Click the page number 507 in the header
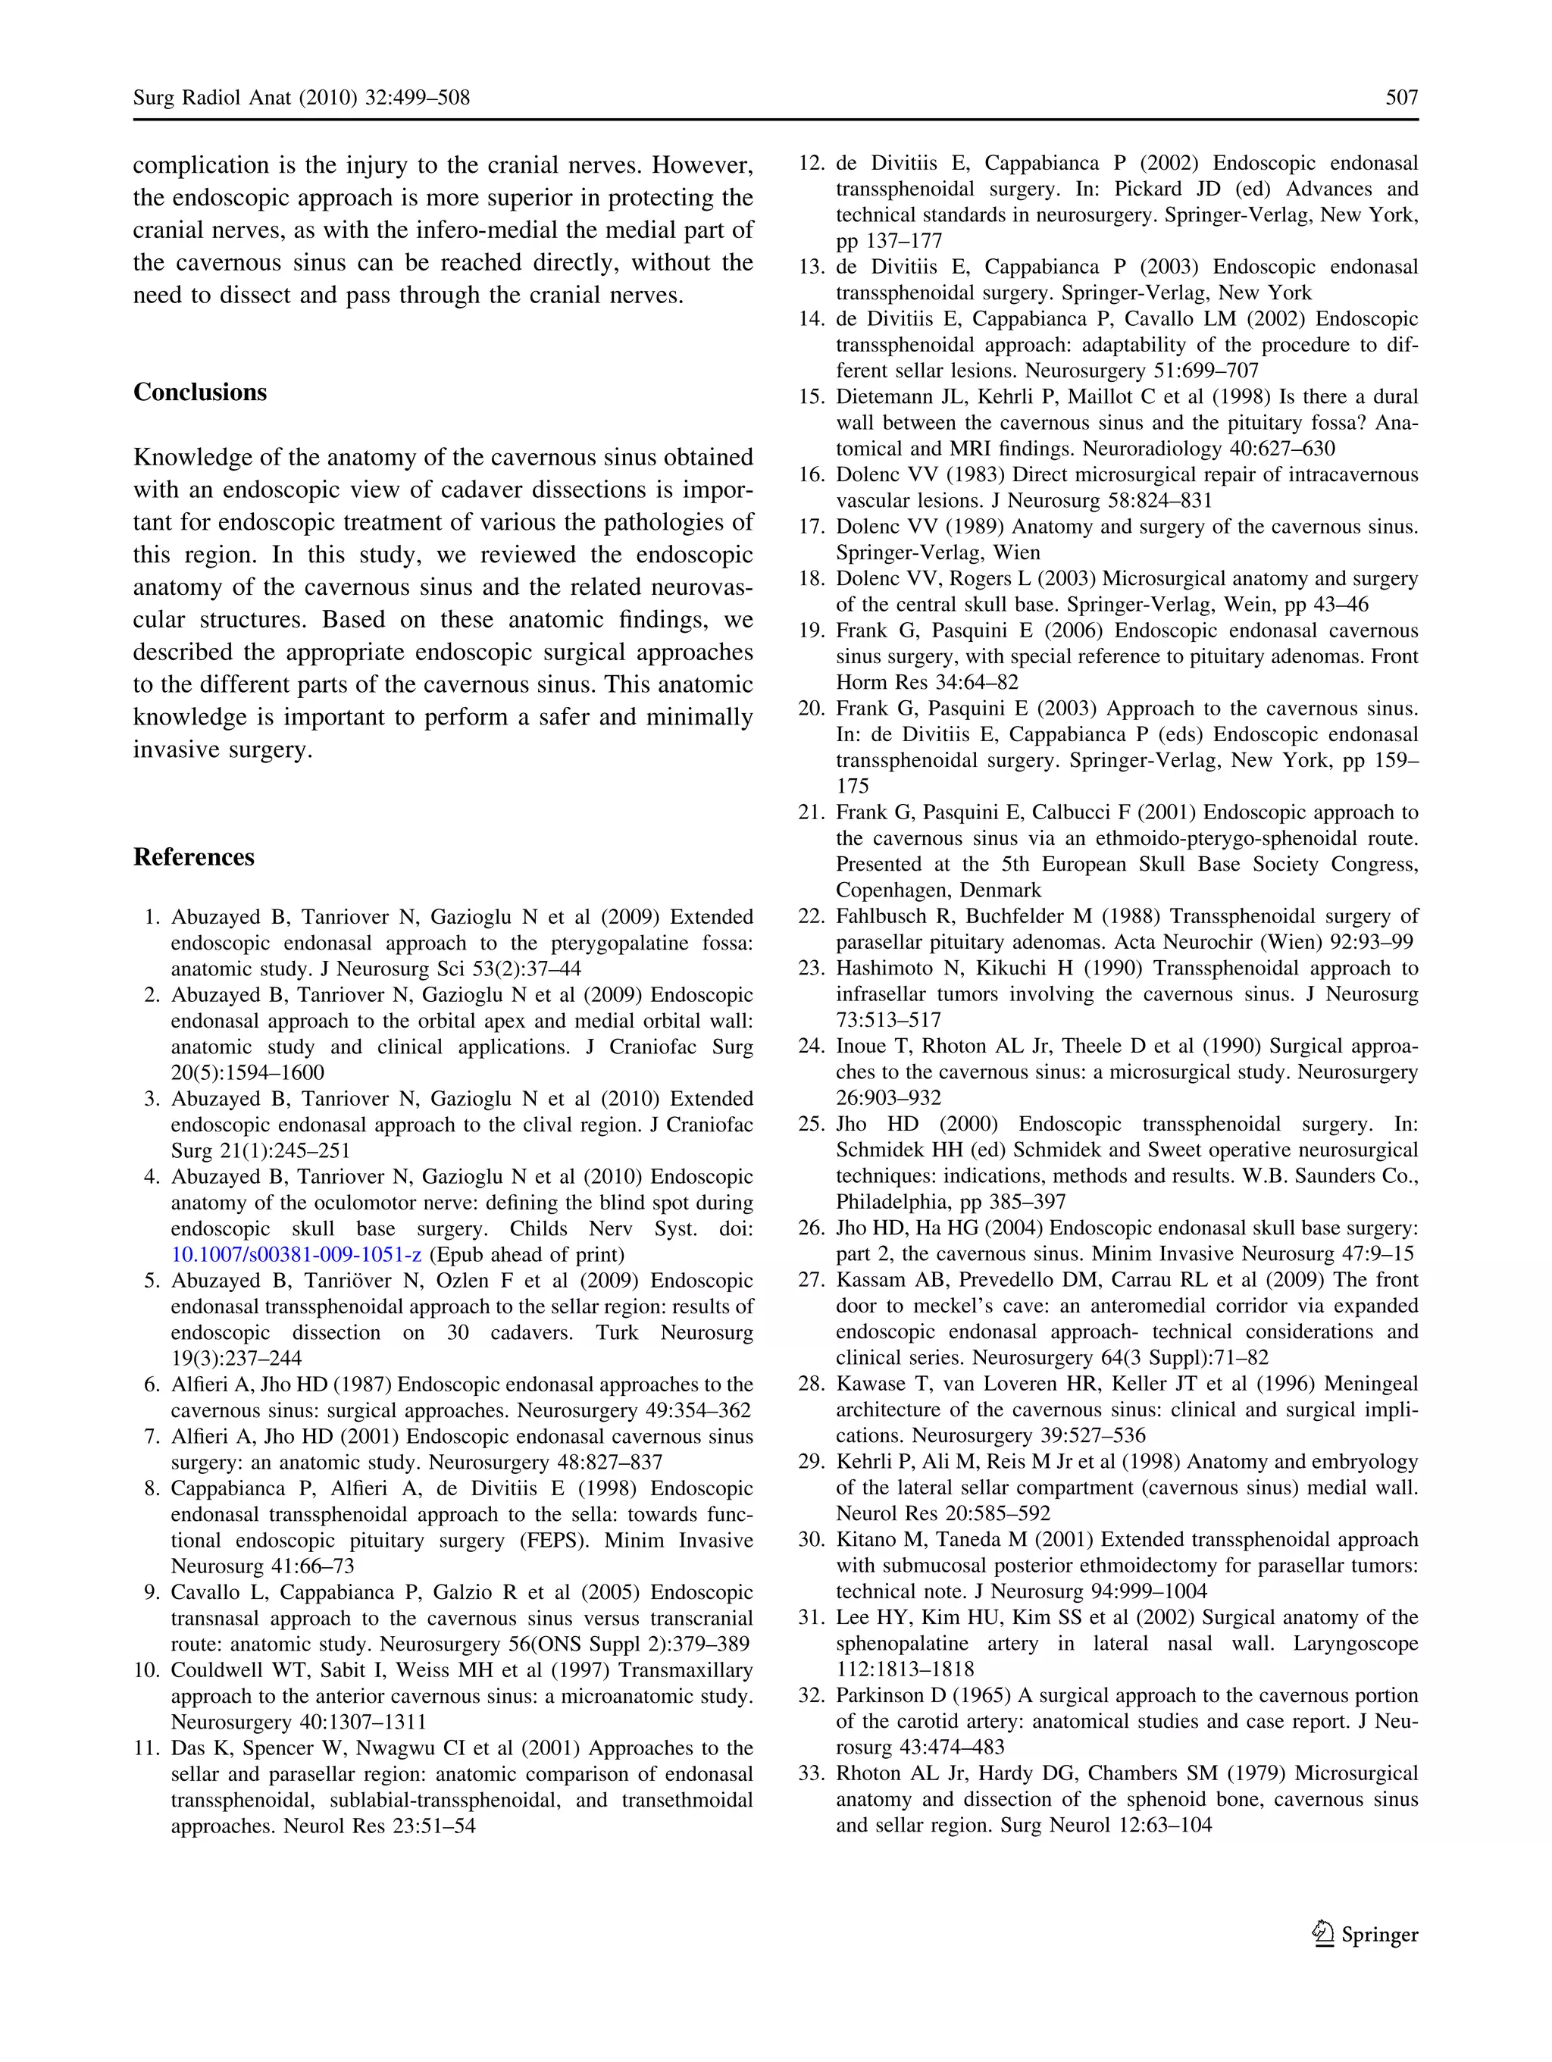[x=1401, y=97]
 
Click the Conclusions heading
[x=199, y=392]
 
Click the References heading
[x=193, y=856]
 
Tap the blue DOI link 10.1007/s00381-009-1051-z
[x=296, y=1255]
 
